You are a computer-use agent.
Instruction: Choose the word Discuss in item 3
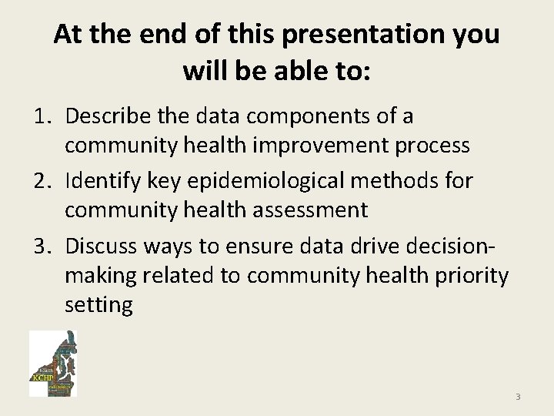pos(104,246)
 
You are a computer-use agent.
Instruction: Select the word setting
pos(98,304)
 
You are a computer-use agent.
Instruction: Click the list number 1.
pos(41,116)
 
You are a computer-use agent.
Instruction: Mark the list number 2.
pos(41,181)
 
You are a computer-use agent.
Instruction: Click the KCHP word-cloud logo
pos(53,364)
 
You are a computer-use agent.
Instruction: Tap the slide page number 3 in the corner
pos(518,397)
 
